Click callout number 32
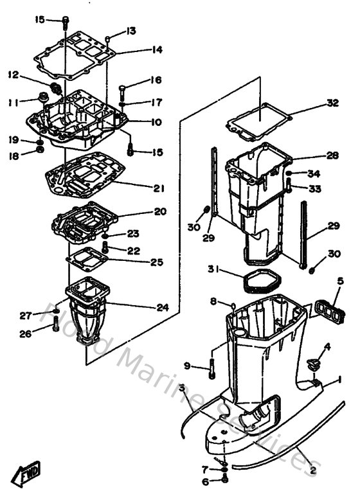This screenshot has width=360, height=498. coord(332,103)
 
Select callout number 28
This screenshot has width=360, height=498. coord(332,156)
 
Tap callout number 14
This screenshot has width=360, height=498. coord(157,49)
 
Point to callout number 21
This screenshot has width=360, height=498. coord(159,188)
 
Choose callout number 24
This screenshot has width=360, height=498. coord(162,307)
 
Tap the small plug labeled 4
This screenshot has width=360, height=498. coord(313,364)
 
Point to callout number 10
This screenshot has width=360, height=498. coord(157,122)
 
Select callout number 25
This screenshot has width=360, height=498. coord(157,262)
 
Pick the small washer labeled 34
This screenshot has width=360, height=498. coord(291,173)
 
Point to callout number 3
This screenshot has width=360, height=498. coord(182,388)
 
